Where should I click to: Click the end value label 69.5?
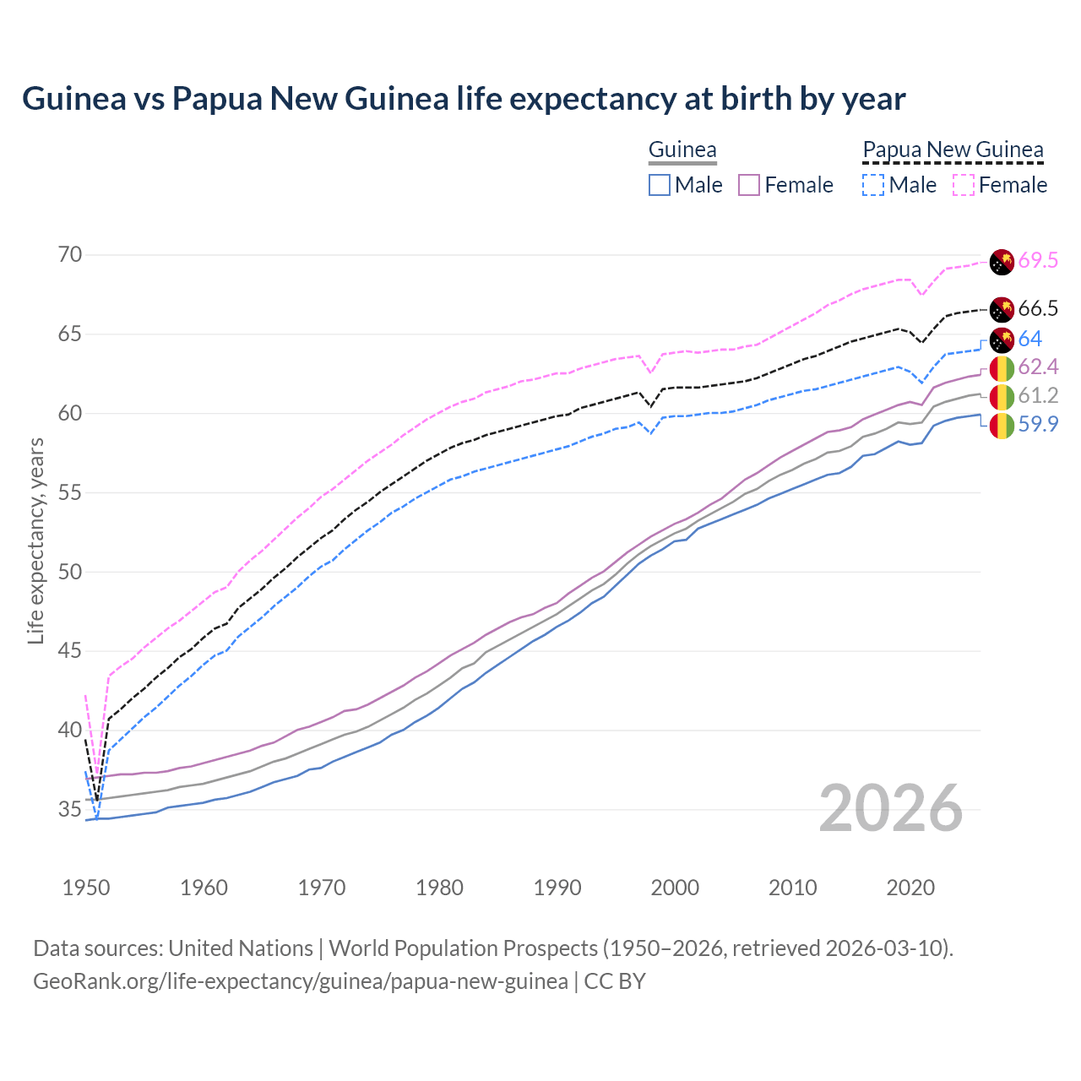(x=1038, y=261)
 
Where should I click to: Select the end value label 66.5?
(x=1038, y=309)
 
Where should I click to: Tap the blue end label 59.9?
(x=1038, y=424)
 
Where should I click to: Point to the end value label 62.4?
(x=1038, y=367)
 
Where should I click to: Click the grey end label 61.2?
(x=1038, y=396)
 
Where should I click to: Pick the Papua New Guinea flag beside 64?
(x=1002, y=340)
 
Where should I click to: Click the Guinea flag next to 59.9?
(x=1002, y=425)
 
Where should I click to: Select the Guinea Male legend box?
(x=660, y=185)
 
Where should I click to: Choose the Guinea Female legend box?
(x=749, y=185)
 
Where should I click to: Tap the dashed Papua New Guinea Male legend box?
(x=873, y=185)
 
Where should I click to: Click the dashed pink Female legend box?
(x=963, y=185)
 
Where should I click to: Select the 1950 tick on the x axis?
(x=86, y=888)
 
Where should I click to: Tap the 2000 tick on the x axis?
(x=676, y=888)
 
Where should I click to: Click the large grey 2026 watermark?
(x=890, y=808)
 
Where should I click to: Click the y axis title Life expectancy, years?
(x=35, y=540)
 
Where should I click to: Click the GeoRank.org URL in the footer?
(x=301, y=981)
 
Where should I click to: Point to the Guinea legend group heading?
(x=682, y=150)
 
